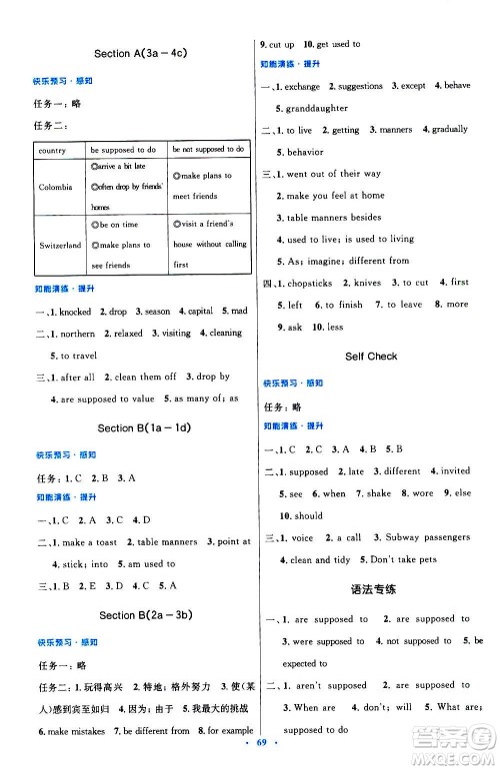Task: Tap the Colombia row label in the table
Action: point(54,187)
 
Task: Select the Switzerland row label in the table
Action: point(60,245)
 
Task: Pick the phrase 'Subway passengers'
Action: point(420,538)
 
